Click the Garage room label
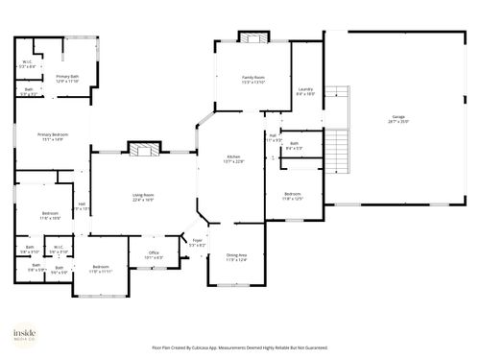tap(397, 118)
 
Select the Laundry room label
tap(305, 89)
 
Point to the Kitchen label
tap(233, 156)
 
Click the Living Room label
tap(143, 195)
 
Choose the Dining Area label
tap(236, 254)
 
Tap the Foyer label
tap(197, 241)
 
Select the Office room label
tap(153, 252)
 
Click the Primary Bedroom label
tap(51, 134)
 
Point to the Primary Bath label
tap(67, 77)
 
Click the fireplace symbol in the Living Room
tap(143, 149)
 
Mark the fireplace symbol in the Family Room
tap(252, 38)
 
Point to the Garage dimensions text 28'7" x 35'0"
tap(397, 123)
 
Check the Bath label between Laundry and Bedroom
tap(294, 143)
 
